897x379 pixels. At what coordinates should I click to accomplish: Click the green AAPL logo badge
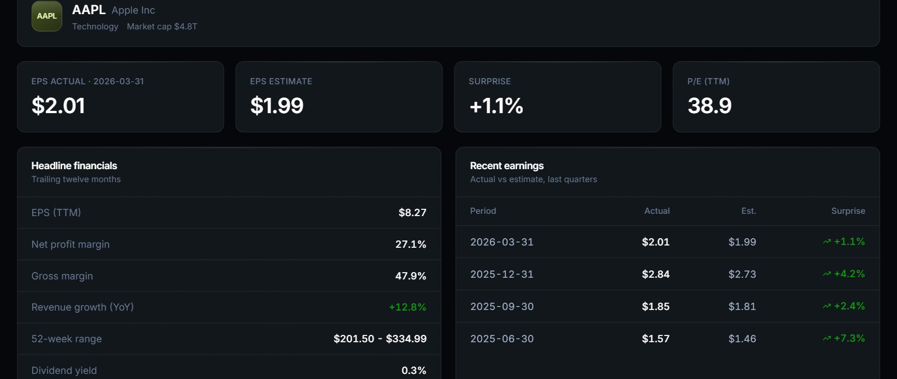tap(47, 16)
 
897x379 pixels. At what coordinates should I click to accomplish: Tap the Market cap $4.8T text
tap(162, 27)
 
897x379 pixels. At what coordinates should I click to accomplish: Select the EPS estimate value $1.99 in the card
tap(277, 106)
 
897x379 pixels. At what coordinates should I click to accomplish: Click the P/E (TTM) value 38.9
tap(709, 106)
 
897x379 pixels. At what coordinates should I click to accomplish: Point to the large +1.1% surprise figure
tap(496, 106)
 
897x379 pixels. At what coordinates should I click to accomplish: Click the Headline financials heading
tap(74, 166)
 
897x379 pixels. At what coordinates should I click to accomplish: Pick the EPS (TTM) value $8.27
tap(413, 212)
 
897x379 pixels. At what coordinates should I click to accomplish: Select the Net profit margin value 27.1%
tap(411, 244)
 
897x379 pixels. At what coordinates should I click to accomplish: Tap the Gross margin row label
tap(62, 276)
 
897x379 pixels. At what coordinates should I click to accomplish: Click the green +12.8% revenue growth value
tap(408, 307)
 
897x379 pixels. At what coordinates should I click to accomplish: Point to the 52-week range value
tap(380, 339)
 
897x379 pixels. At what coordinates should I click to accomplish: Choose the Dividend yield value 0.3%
tap(414, 371)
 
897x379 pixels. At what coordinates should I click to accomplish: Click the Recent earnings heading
tap(506, 166)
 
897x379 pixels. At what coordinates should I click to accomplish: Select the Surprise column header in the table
tap(848, 211)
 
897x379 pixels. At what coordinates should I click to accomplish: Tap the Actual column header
tap(657, 211)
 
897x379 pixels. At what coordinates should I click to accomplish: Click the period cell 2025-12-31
tap(502, 274)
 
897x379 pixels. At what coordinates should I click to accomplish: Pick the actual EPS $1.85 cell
tap(656, 307)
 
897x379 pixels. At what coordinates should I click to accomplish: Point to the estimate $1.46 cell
tap(742, 339)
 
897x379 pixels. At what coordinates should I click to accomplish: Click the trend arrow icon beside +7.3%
tap(827, 338)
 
